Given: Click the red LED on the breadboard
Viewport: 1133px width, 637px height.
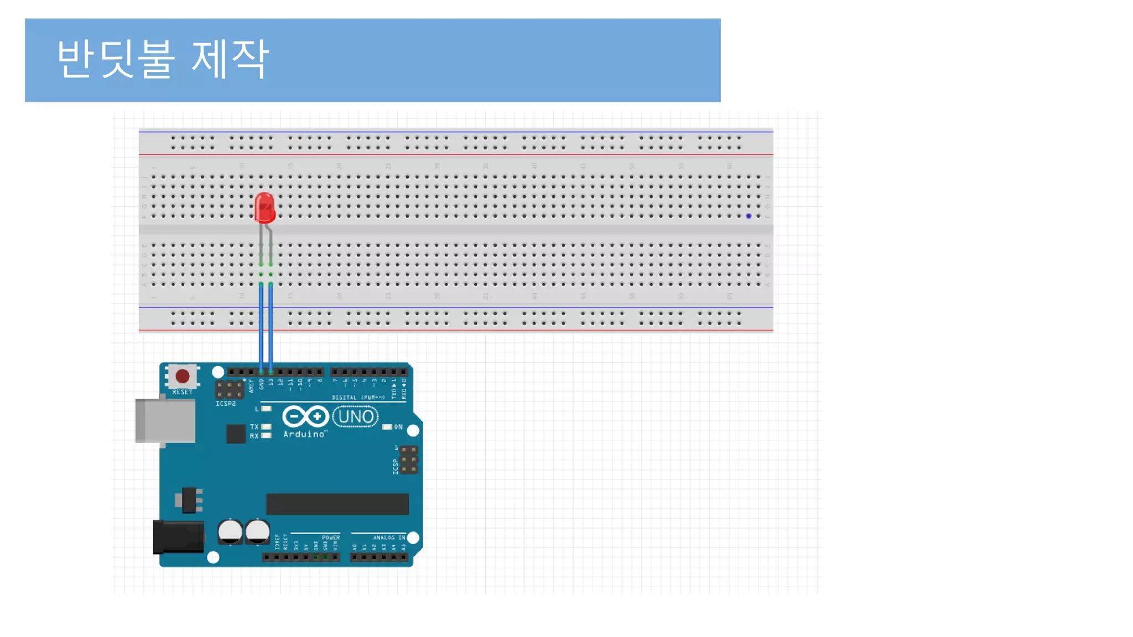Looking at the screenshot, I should point(264,208).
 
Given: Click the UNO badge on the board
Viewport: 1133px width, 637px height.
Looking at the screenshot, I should point(356,416).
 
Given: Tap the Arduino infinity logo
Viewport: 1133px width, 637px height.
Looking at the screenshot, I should point(305,416).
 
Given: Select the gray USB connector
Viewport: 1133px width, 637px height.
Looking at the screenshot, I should point(165,421).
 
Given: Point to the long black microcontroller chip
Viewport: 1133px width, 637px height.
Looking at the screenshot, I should point(337,504).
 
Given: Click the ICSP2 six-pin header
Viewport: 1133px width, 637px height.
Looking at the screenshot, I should point(229,390).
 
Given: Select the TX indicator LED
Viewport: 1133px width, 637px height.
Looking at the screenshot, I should point(266,427).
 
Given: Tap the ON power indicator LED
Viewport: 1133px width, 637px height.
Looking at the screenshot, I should point(387,427).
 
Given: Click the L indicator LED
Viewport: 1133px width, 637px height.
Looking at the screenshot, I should point(266,409).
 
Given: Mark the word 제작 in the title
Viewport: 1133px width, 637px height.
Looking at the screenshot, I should point(230,59).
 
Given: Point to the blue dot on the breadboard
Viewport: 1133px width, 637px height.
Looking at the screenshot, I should point(749,216).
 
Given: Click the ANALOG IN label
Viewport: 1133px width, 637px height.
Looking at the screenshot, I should point(389,537).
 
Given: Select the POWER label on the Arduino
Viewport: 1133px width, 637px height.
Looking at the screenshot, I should point(331,537).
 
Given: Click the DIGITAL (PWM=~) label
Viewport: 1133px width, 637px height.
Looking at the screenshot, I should point(358,398).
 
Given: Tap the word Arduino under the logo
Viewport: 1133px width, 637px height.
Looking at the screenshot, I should point(304,435).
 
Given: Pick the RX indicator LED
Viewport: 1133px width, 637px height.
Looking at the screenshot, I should point(266,436).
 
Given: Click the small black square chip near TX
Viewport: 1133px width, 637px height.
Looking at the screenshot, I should point(236,434).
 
